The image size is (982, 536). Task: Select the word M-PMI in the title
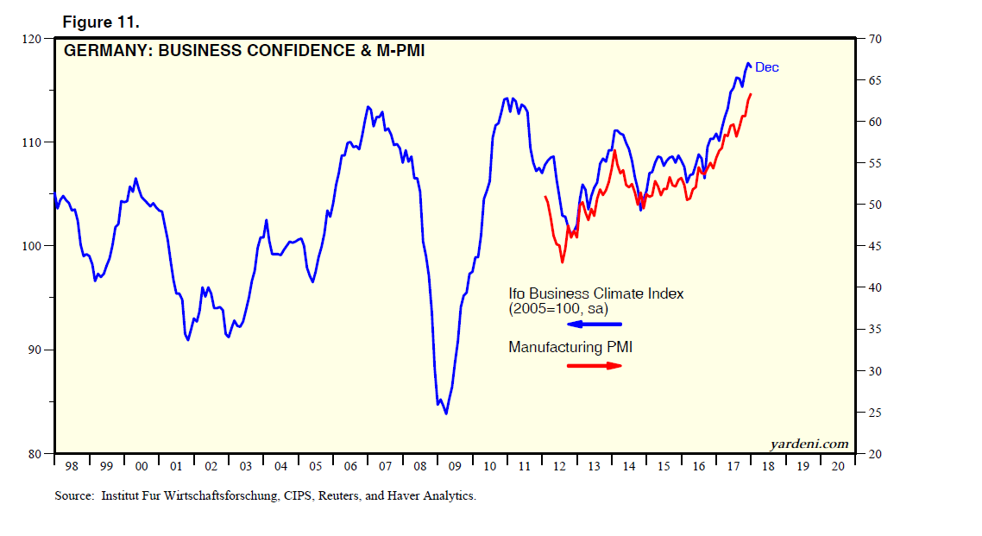pos(396,51)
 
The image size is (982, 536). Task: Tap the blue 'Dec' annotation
pos(767,67)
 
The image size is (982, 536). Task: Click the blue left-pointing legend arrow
pos(594,324)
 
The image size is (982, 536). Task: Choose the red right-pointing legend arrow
pos(595,365)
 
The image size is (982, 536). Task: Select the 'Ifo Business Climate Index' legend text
pos(595,293)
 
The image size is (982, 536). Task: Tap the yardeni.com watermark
pos(809,444)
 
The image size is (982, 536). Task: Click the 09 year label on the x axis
pos(456,467)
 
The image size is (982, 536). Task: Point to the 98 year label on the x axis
pos(71,467)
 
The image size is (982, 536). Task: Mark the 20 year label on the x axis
pos(837,467)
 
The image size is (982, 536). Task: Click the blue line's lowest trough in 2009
pos(446,413)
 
